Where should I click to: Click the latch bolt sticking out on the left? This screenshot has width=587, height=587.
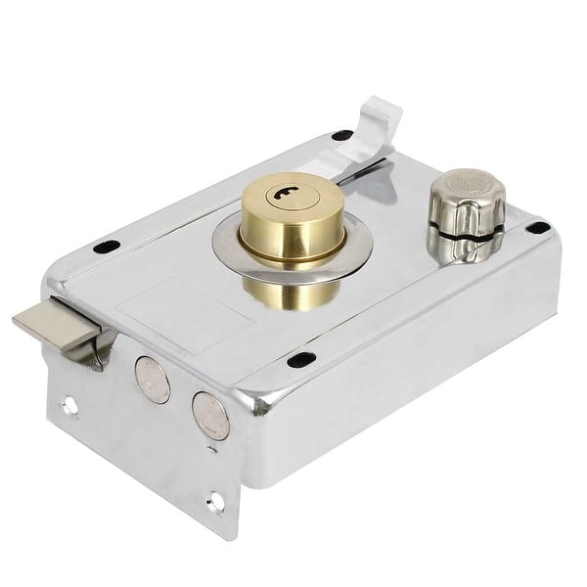[54, 329]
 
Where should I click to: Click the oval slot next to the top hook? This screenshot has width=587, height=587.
[341, 135]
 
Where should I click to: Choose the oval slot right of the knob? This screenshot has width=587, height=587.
[537, 228]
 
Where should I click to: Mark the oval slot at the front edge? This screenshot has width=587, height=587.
[301, 360]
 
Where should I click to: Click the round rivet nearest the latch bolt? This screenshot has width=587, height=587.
[152, 380]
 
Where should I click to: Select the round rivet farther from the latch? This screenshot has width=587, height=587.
[210, 415]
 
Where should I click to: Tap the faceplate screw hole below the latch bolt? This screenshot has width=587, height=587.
[68, 404]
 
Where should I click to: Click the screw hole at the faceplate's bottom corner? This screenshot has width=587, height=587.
[215, 502]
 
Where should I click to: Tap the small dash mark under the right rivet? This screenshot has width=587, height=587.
[213, 448]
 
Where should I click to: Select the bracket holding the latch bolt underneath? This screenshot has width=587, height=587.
[98, 354]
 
